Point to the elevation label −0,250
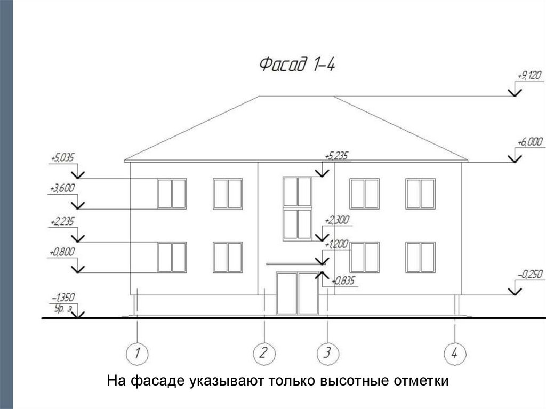[x=529, y=275]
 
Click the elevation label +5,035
[x=63, y=158]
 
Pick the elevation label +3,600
[x=62, y=188]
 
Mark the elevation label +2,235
[x=62, y=221]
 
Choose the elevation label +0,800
[x=62, y=252]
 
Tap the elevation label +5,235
[x=336, y=156]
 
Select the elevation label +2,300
[x=336, y=220]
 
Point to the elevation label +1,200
[x=336, y=244]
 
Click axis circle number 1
[x=137, y=353]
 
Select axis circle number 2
[x=263, y=353]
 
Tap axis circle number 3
[x=327, y=353]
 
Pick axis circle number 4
[x=454, y=353]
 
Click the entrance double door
[x=297, y=293]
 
